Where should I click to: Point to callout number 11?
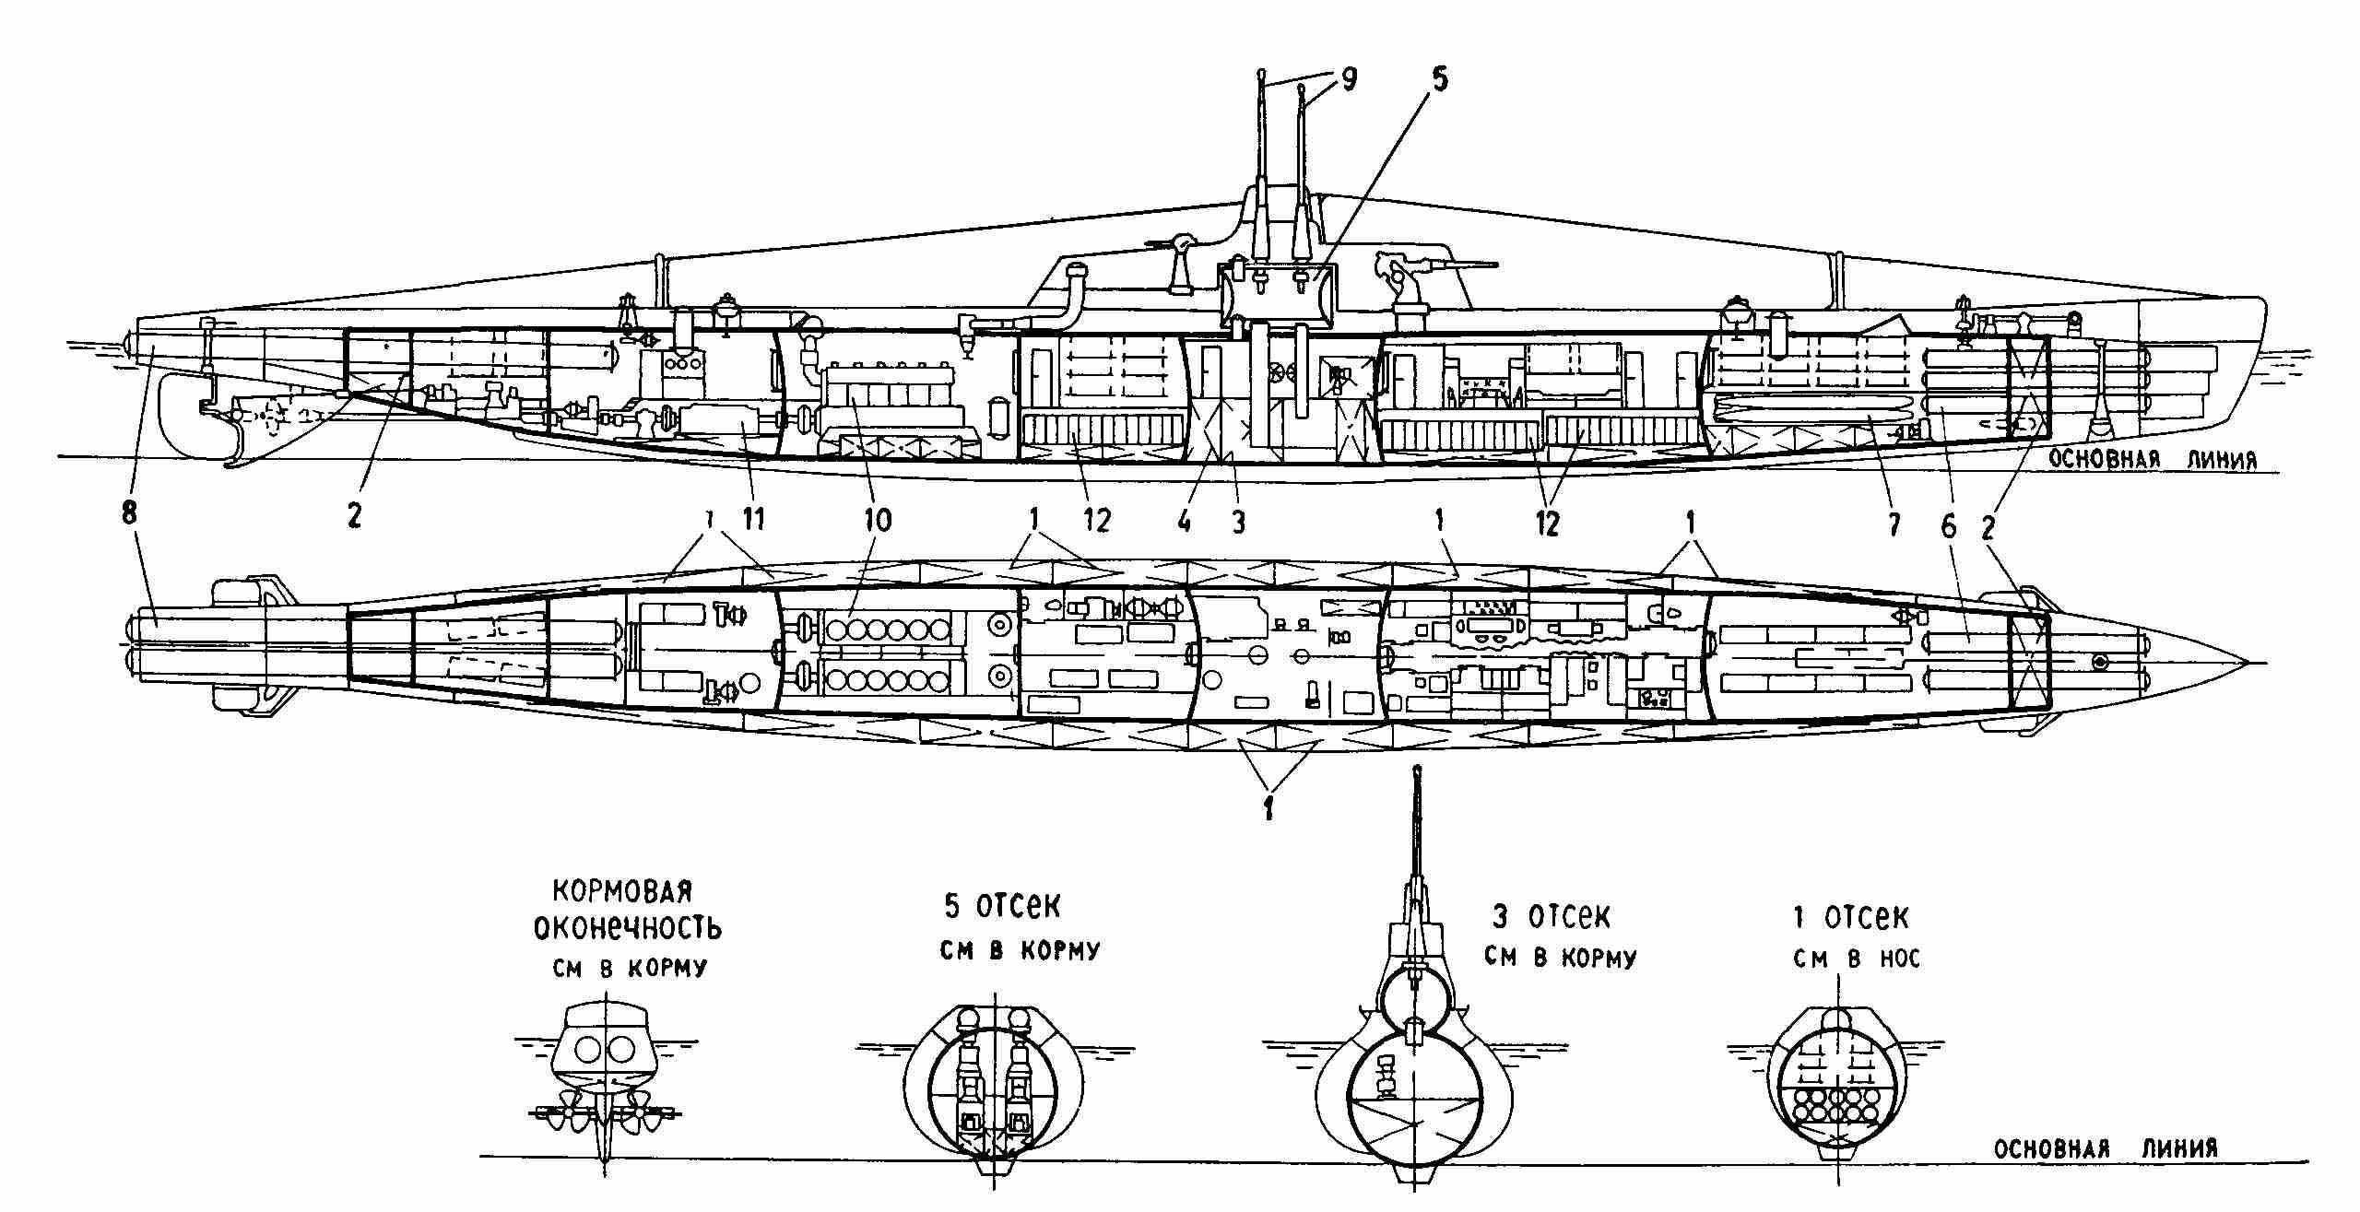(x=755, y=522)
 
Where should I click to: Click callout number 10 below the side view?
(x=878, y=522)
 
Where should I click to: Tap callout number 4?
(x=1185, y=522)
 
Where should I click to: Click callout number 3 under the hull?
(x=1238, y=522)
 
